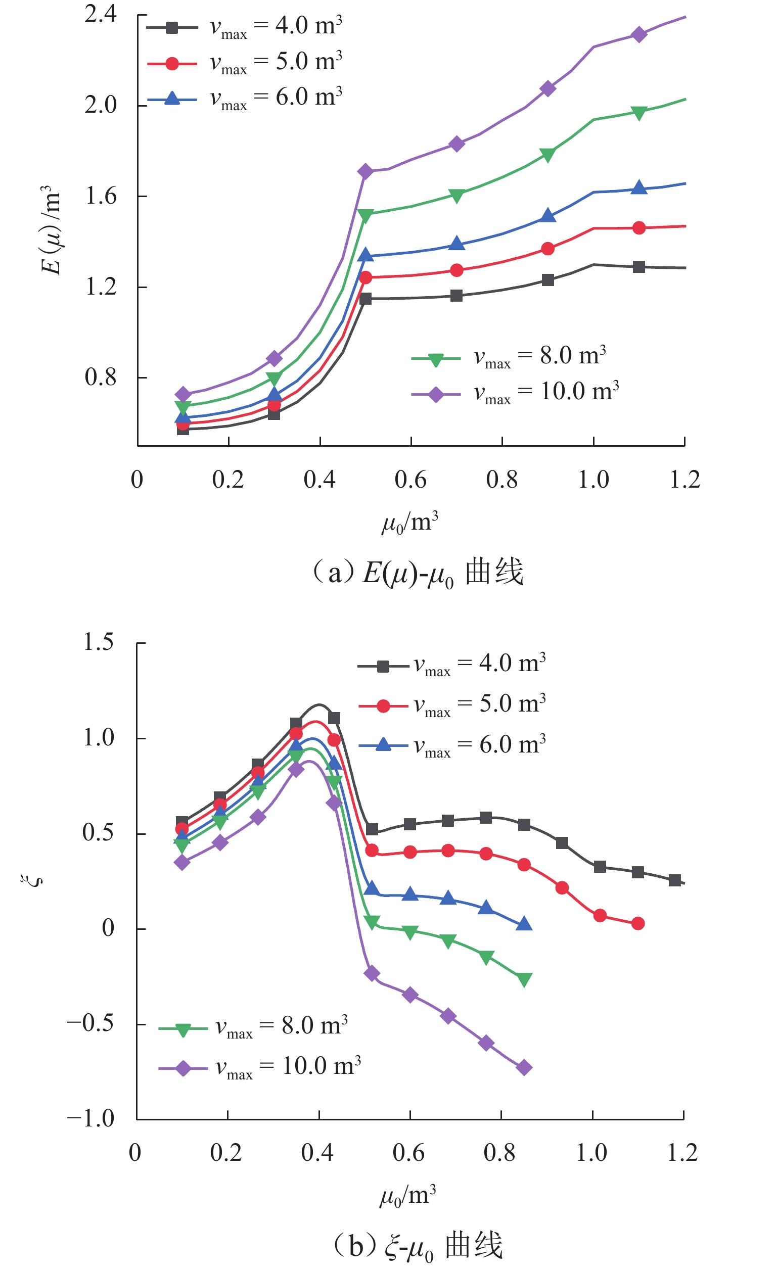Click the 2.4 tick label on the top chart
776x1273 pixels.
click(x=101, y=14)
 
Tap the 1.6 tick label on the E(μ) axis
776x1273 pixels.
click(x=101, y=196)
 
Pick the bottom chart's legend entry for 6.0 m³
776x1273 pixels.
click(x=452, y=745)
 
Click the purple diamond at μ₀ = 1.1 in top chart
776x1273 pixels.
click(x=639, y=34)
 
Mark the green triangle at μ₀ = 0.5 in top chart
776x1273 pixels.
click(x=366, y=215)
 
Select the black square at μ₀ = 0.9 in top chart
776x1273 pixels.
click(x=548, y=280)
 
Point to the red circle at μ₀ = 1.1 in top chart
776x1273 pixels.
click(x=639, y=228)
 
